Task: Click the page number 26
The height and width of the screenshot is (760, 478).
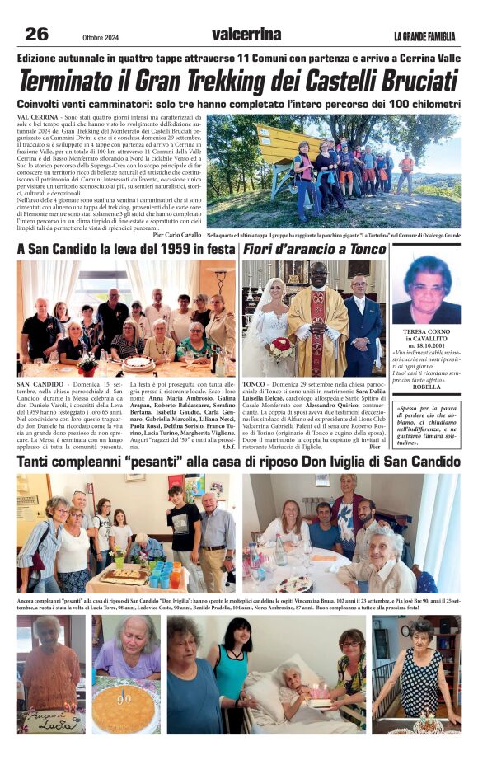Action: (x=37, y=34)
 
